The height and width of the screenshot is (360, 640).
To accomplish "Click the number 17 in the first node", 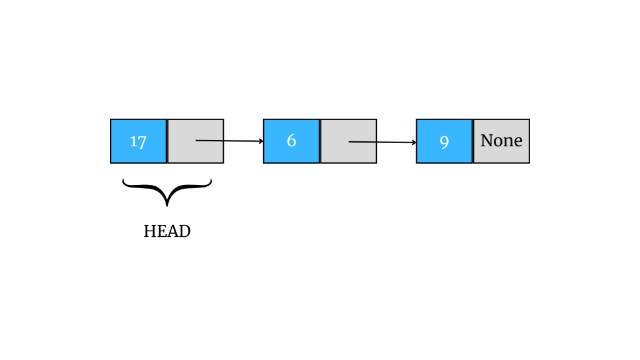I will tap(138, 141).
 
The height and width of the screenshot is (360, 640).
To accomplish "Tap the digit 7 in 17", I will tap(142, 142).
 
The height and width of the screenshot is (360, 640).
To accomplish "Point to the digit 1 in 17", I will tap(134, 141).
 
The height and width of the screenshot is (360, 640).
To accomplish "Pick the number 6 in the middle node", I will tap(291, 141).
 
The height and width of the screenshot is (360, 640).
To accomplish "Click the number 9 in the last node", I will tap(444, 142).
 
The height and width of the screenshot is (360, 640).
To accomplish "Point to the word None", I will tap(501, 141).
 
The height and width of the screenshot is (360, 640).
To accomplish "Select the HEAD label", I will tap(167, 231).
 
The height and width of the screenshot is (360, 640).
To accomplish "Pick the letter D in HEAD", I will tap(184, 231).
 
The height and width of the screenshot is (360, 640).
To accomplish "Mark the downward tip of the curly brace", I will tap(167, 205).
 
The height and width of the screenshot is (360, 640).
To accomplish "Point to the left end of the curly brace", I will tap(124, 181).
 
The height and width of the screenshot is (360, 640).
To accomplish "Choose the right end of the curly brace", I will tap(211, 181).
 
